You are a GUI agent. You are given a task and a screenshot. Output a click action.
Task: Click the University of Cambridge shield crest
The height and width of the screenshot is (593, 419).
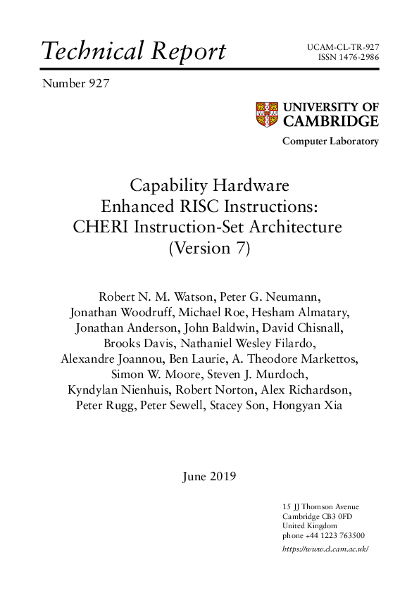(265, 114)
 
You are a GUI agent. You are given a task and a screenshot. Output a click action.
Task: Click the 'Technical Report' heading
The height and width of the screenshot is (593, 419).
(134, 51)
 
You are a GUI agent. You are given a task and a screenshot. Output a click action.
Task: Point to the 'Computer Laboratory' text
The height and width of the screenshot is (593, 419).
(330, 142)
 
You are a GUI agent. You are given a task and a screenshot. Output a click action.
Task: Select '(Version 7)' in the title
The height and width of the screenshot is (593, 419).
(209, 248)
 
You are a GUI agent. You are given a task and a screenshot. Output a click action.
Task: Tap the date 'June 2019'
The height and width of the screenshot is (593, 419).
(209, 476)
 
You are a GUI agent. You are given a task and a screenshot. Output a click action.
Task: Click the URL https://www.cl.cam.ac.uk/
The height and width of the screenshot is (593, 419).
(325, 549)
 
